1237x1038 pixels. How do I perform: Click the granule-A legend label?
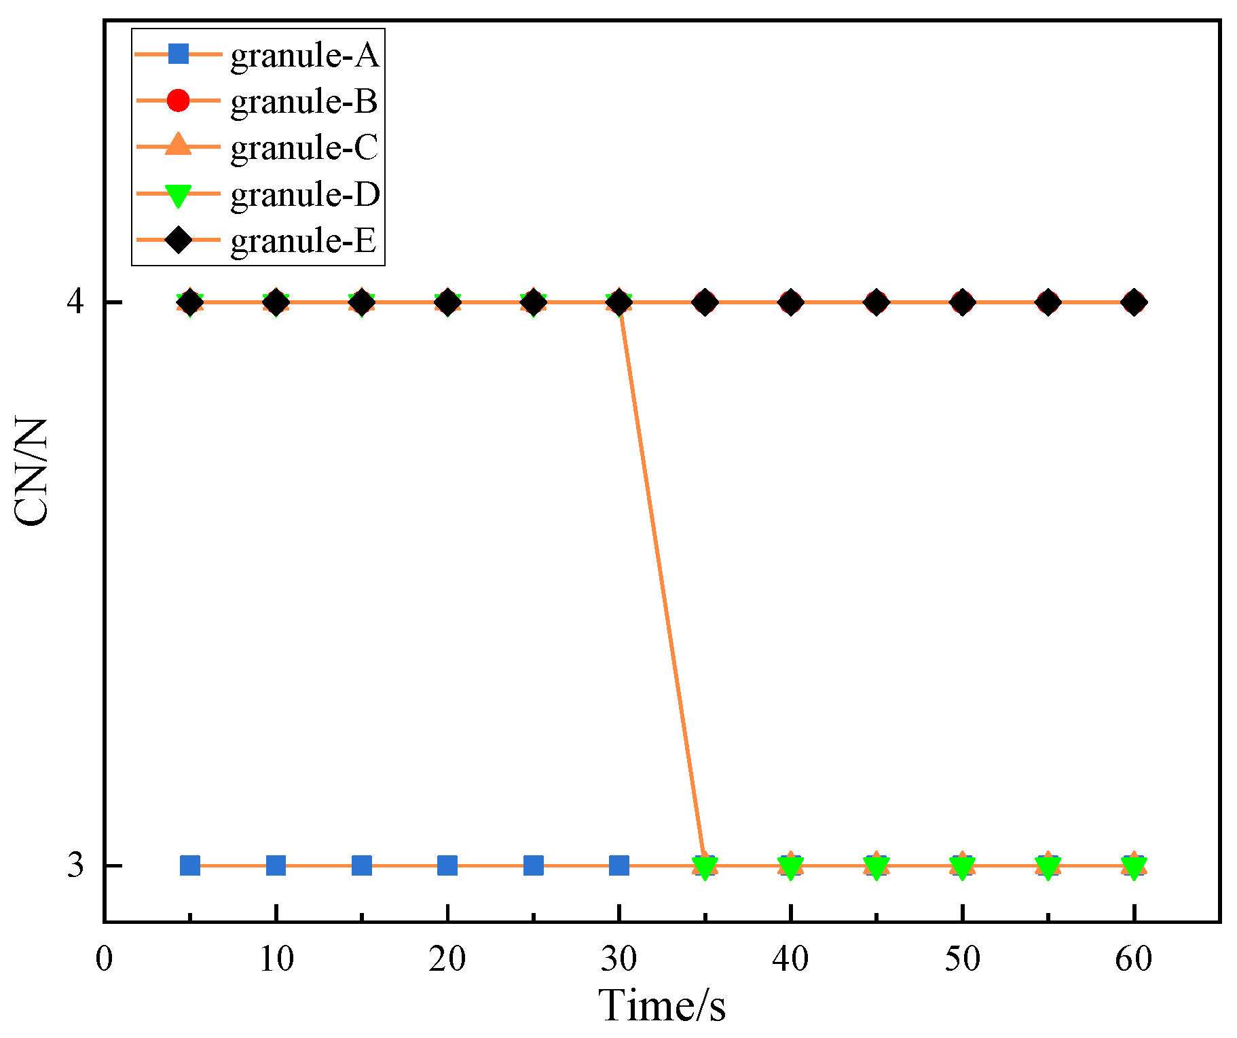pyautogui.click(x=304, y=54)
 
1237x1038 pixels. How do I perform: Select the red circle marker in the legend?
pyautogui.click(x=178, y=101)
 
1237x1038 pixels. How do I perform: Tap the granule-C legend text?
pyautogui.click(x=304, y=147)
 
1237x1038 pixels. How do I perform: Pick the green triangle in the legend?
pyautogui.click(x=178, y=195)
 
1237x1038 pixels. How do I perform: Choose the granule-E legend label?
pyautogui.click(x=303, y=240)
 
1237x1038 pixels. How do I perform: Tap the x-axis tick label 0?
pyautogui.click(x=104, y=959)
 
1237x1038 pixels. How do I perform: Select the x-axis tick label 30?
pyautogui.click(x=618, y=959)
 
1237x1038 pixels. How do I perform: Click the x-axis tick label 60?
pyautogui.click(x=1133, y=959)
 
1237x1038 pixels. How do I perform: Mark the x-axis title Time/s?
pyautogui.click(x=662, y=1005)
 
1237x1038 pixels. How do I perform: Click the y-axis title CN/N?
pyautogui.click(x=32, y=472)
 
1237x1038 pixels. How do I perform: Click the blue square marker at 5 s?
pyautogui.click(x=190, y=865)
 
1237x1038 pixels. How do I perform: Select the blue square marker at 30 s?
pyautogui.click(x=618, y=865)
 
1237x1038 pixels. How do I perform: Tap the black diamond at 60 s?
pyautogui.click(x=1133, y=302)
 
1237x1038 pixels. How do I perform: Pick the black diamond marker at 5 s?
pyautogui.click(x=190, y=302)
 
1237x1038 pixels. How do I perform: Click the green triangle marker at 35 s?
pyautogui.click(x=705, y=867)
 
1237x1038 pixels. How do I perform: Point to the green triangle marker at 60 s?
pyautogui.click(x=1133, y=867)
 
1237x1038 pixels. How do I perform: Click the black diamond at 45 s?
pyautogui.click(x=876, y=302)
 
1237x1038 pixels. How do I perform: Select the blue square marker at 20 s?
pyautogui.click(x=447, y=865)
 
